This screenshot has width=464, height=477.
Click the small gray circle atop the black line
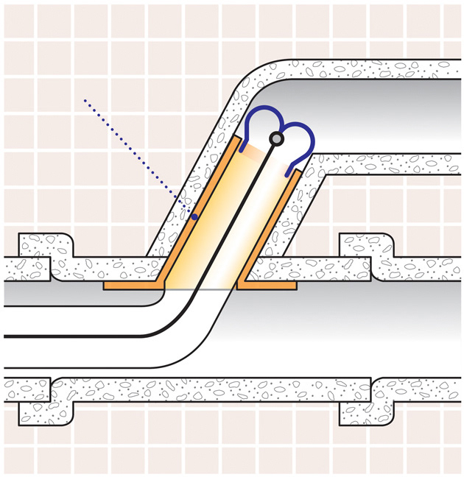(276, 138)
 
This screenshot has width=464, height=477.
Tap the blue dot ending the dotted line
(194, 216)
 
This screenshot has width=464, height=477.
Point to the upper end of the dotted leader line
(85, 99)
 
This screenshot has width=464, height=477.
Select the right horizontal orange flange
(269, 283)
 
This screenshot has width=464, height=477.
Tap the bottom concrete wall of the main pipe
(221, 391)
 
